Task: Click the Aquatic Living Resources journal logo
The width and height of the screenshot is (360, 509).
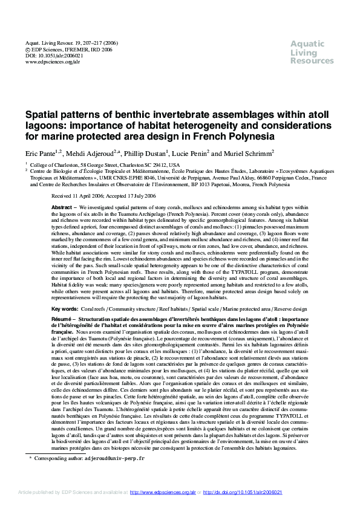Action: tap(312, 52)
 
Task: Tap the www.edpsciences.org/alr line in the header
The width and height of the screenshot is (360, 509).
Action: tap(53, 62)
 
